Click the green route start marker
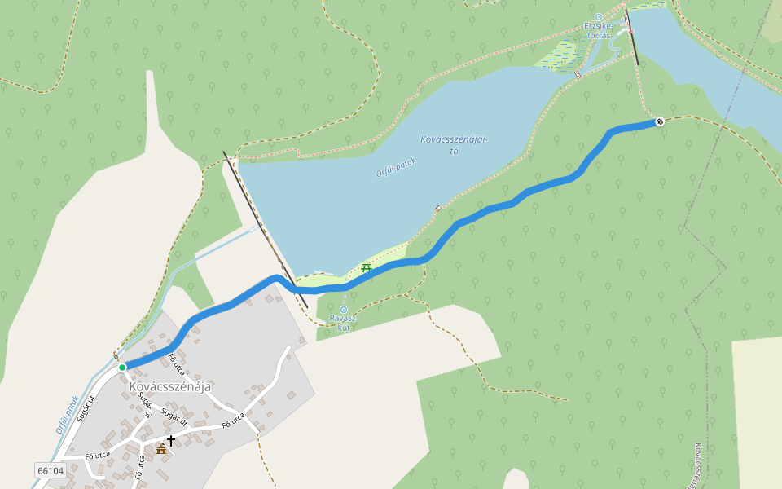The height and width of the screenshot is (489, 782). pyautogui.click(x=122, y=368)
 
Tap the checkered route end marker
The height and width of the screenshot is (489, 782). pyautogui.click(x=660, y=121)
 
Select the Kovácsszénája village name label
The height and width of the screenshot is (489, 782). pyautogui.click(x=169, y=386)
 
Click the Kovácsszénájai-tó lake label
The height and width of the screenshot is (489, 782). pyautogui.click(x=454, y=144)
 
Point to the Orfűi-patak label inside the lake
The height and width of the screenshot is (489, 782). pyautogui.click(x=396, y=167)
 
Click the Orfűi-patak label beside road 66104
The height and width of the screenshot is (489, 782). pyautogui.click(x=68, y=414)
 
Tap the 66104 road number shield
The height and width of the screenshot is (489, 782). pyautogui.click(x=51, y=471)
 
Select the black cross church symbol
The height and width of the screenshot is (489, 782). pyautogui.click(x=171, y=441)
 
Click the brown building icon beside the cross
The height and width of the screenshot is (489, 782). pyautogui.click(x=161, y=447)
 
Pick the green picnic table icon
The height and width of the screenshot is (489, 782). pyautogui.click(x=367, y=267)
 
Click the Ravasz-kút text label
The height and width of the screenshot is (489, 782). pyautogui.click(x=343, y=322)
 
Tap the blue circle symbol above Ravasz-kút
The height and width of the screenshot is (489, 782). pyautogui.click(x=344, y=309)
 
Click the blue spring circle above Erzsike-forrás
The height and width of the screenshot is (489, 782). pyautogui.click(x=599, y=16)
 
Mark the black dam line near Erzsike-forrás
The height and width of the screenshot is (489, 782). pyautogui.click(x=632, y=38)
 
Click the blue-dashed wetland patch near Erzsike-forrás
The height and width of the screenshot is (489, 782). pyautogui.click(x=563, y=56)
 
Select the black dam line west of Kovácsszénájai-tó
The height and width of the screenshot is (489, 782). pyautogui.click(x=265, y=228)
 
